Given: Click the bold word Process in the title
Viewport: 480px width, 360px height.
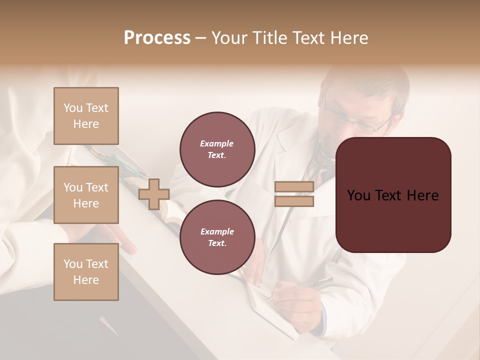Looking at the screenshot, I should tap(157, 38).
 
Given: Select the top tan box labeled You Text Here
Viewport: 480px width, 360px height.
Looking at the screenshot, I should tap(86, 116).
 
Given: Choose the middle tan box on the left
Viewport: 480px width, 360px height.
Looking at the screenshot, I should tap(86, 195).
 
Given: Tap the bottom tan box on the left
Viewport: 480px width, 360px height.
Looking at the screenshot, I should tap(86, 272).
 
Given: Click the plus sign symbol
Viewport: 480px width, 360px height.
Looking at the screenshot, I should tap(154, 194).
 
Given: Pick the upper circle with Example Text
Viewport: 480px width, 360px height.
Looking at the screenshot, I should tap(217, 149).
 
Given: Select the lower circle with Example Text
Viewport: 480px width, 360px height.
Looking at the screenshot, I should tap(217, 237).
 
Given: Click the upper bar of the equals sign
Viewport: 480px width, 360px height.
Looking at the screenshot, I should tap(294, 187).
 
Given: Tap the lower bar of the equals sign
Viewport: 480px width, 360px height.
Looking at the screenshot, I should tap(294, 201).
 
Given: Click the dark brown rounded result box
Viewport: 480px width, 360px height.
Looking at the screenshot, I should tap(393, 195).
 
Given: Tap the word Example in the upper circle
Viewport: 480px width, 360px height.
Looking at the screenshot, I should tap(217, 143).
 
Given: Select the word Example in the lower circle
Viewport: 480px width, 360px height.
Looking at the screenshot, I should tap(217, 231).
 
